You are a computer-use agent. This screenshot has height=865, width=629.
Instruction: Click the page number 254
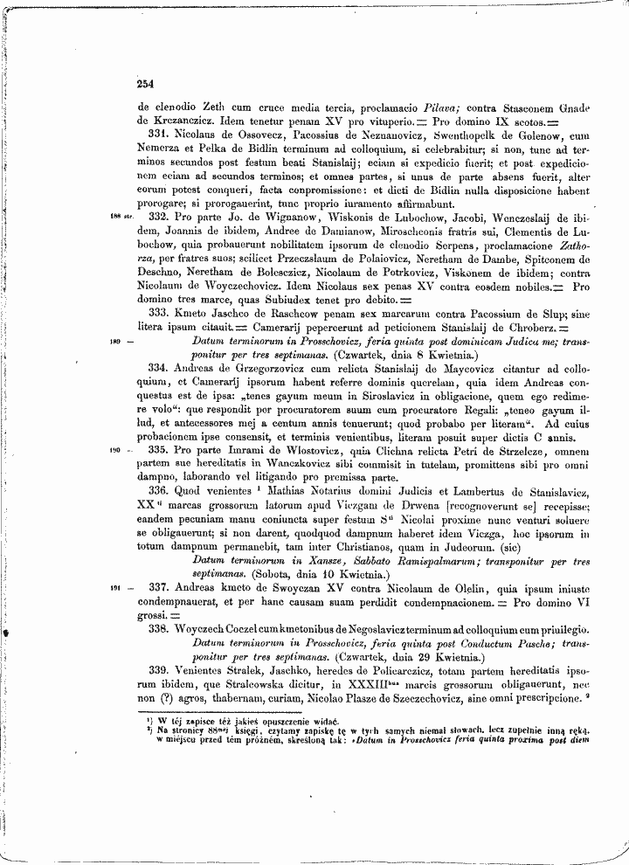coord(145,85)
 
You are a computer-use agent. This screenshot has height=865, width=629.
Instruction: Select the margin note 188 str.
coord(121,214)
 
